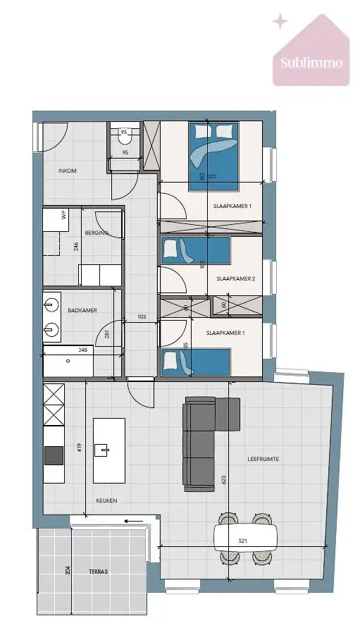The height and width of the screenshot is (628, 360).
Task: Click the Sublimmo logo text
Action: (x=311, y=62)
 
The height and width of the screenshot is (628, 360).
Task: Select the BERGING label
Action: (x=97, y=233)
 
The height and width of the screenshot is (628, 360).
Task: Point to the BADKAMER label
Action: (x=82, y=309)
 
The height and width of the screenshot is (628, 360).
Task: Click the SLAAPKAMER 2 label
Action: (x=234, y=279)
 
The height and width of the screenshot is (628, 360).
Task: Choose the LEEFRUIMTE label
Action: (x=263, y=458)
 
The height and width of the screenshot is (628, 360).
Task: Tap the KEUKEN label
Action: (x=106, y=500)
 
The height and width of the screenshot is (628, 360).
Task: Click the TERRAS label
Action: (x=99, y=572)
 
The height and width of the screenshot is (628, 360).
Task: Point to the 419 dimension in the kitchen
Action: (x=80, y=448)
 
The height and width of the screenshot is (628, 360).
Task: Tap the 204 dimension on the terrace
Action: (x=68, y=572)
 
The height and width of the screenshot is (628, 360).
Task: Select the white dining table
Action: (x=245, y=537)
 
